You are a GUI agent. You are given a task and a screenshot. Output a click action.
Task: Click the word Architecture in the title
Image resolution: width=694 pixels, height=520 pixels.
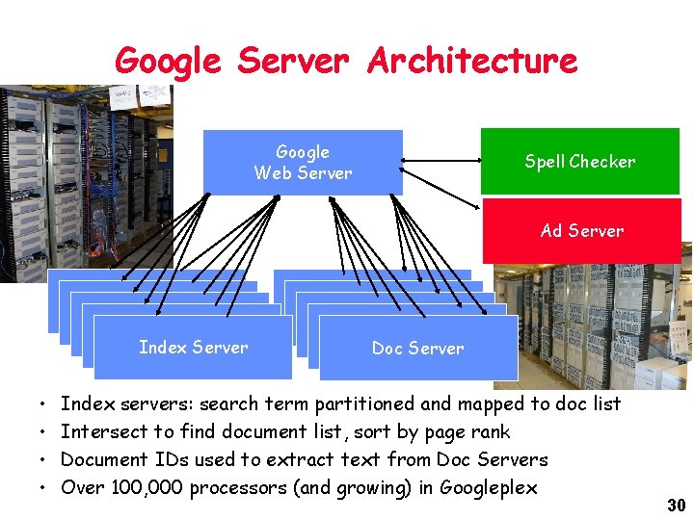click(471, 61)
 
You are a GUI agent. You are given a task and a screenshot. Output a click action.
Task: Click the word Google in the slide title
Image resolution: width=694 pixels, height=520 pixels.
click(168, 61)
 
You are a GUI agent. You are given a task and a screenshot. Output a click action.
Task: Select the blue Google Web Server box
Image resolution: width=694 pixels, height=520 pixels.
click(303, 162)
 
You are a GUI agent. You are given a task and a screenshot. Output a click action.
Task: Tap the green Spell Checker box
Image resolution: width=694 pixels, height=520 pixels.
click(579, 162)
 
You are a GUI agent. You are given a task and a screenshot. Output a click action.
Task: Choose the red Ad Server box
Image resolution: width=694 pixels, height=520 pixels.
click(581, 231)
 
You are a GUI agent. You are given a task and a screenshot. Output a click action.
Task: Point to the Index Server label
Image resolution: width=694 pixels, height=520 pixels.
click(193, 348)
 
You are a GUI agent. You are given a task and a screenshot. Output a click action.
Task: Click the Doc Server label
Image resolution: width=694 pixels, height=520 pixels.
click(417, 349)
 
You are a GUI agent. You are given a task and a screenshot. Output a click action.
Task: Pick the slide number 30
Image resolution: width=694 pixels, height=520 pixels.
click(675, 506)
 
